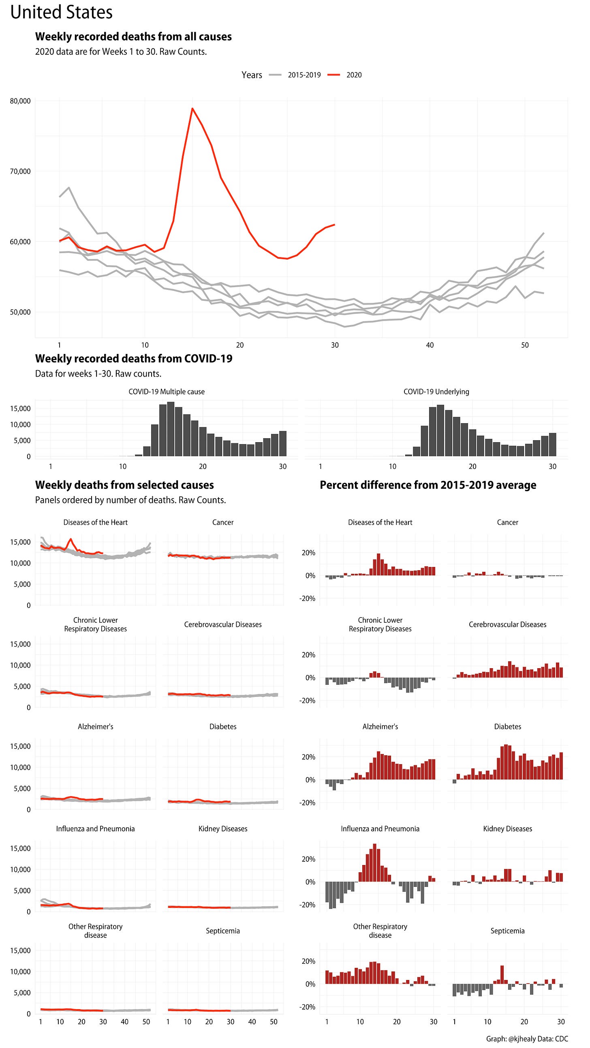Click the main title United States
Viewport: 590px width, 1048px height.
point(62,12)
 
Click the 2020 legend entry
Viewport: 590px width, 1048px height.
point(353,75)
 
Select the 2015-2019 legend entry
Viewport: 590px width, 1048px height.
point(304,75)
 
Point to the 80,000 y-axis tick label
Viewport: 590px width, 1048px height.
point(20,101)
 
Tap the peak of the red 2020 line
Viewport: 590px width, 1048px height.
point(192,109)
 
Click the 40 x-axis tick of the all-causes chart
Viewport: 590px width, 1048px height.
point(430,345)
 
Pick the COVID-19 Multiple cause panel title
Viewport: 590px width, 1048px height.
point(167,391)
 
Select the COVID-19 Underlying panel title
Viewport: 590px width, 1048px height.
point(436,391)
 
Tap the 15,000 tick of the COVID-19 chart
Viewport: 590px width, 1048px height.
point(20,409)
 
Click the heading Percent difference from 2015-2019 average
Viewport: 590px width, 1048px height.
point(428,485)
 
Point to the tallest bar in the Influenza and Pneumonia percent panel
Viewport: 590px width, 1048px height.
point(374,863)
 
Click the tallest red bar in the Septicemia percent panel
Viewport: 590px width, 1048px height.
point(502,974)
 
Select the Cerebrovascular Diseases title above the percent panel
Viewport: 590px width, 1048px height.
point(507,624)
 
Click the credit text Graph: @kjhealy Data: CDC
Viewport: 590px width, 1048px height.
point(527,1039)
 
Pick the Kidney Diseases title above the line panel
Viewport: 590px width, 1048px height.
point(223,829)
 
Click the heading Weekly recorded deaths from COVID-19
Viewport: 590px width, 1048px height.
point(134,358)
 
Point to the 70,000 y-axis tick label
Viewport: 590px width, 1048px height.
point(20,171)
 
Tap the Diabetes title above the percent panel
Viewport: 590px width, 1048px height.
point(507,726)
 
